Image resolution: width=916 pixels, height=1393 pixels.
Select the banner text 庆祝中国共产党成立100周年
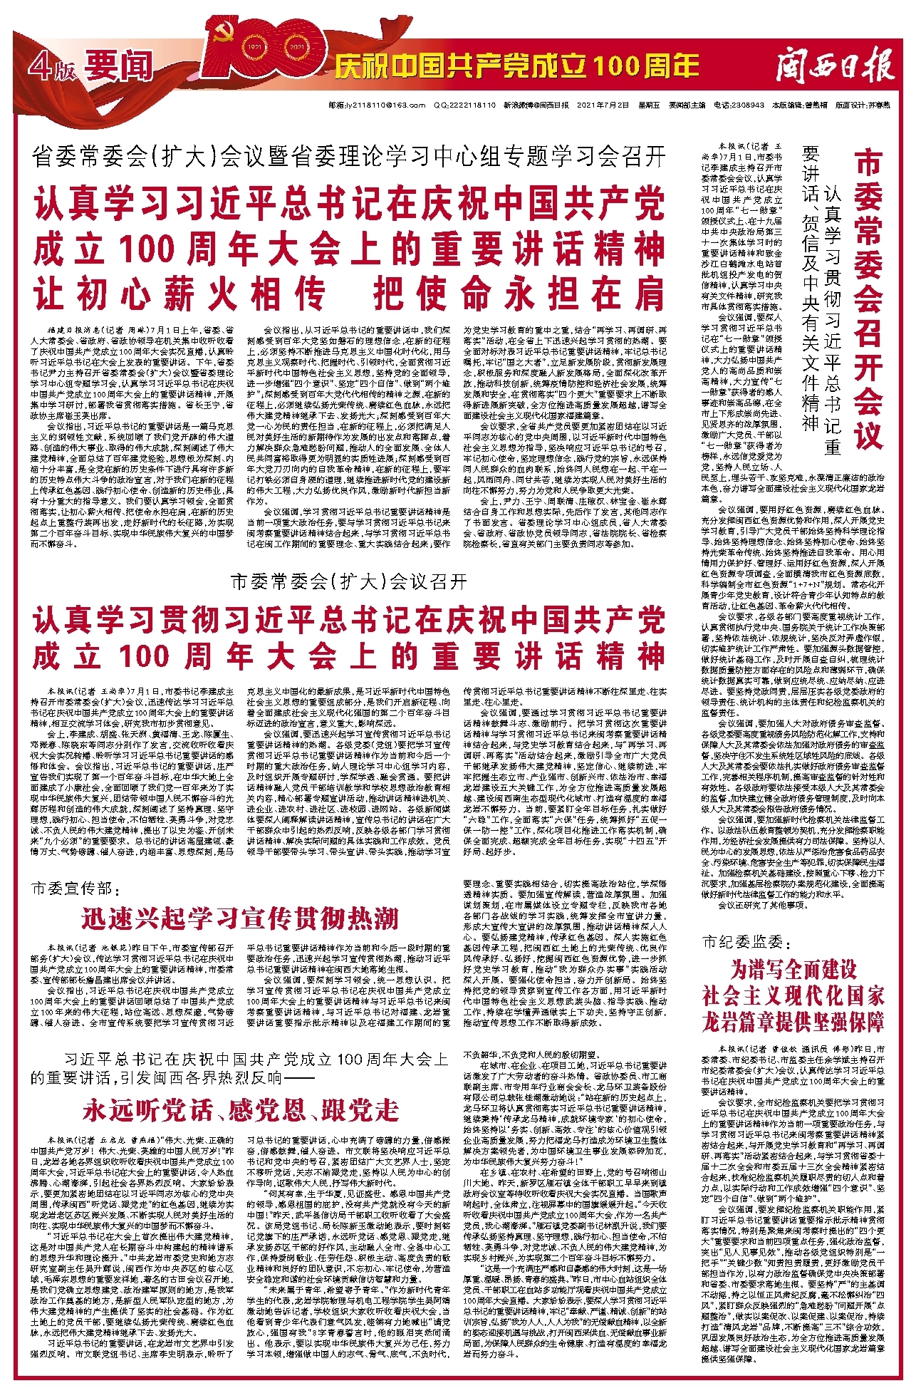(516, 67)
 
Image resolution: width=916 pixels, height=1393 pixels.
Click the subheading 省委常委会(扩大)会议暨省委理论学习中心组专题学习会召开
(349, 156)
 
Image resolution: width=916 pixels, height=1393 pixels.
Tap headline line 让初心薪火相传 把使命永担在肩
(349, 293)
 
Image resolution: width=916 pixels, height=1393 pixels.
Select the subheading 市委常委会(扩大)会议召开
(349, 582)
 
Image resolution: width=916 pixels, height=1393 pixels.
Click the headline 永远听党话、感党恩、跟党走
(240, 1110)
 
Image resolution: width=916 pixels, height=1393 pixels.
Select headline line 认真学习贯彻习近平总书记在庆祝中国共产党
(349, 621)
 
